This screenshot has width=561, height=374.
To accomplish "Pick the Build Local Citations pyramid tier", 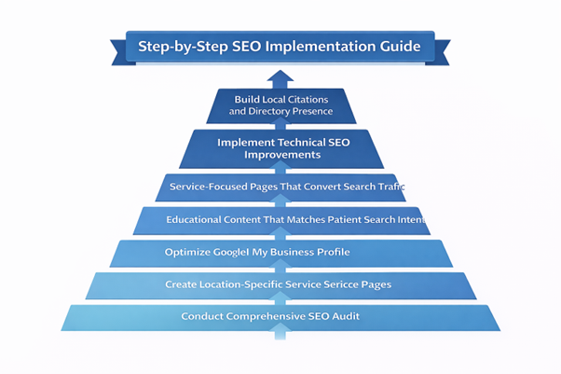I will coord(280,105).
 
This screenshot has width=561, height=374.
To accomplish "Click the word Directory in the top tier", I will coord(267,112).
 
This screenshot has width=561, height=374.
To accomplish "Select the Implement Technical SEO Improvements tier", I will coord(280,147).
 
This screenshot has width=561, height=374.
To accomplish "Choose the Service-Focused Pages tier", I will coord(280,187).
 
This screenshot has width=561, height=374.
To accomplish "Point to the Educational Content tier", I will coord(280,220).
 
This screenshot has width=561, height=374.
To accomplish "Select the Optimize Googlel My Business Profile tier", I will coord(280,252).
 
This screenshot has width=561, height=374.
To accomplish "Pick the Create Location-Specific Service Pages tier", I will coord(280,284).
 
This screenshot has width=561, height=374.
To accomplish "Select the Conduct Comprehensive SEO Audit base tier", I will coord(280,316).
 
